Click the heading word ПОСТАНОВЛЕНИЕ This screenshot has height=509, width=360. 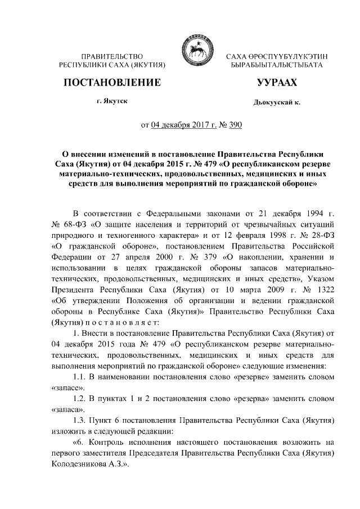[x=112, y=83]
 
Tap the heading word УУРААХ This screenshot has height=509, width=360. [x=277, y=83]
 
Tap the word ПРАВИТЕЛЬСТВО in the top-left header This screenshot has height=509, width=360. [x=112, y=57]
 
